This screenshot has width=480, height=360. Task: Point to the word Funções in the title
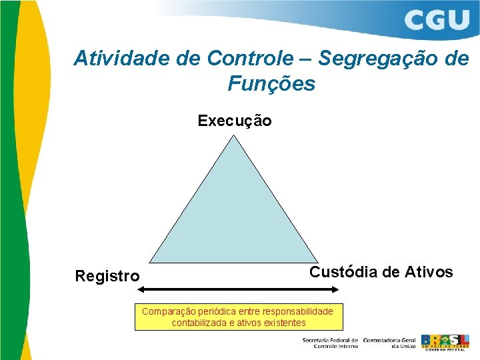(x=271, y=84)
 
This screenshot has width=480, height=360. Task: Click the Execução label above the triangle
(x=235, y=121)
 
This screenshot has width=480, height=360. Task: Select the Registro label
(x=107, y=276)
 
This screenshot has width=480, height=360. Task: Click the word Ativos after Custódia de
(x=429, y=272)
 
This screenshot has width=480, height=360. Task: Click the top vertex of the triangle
(x=233, y=136)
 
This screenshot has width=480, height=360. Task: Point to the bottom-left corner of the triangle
(x=149, y=262)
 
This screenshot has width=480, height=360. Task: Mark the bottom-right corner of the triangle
(x=318, y=262)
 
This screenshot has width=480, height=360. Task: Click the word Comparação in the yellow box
(x=167, y=311)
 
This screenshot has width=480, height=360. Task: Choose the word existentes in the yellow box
(x=285, y=323)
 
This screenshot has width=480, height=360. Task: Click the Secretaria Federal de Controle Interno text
(x=330, y=343)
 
